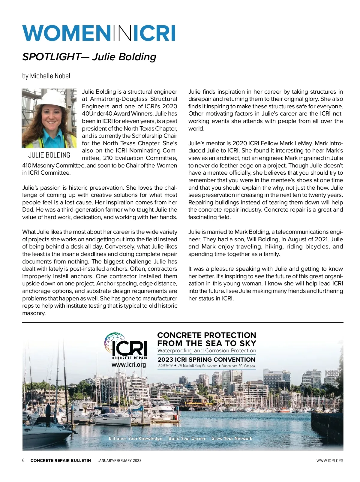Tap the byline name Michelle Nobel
click(x=50, y=76)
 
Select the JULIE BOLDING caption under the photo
click(x=49, y=155)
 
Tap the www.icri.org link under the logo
click(x=129, y=365)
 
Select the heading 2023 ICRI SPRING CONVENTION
click(x=206, y=360)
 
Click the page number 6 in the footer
click(x=24, y=460)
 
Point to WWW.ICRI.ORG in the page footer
click(x=330, y=460)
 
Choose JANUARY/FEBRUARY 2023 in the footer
click(x=120, y=460)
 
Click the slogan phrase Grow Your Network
click(x=232, y=438)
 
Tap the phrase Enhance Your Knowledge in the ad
click(x=136, y=438)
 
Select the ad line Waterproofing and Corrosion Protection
click(x=207, y=351)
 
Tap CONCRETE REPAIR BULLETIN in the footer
click(x=61, y=460)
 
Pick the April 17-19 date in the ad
click(x=165, y=365)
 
